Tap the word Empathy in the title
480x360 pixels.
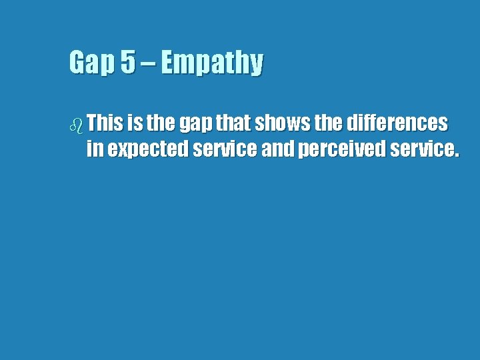point(212,63)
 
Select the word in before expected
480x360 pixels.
point(95,150)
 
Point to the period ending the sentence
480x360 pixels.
point(456,155)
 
